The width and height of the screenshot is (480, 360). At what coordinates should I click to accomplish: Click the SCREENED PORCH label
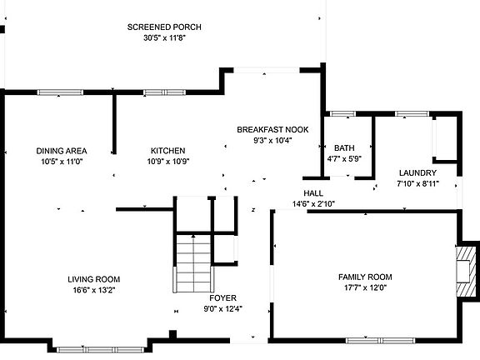164,27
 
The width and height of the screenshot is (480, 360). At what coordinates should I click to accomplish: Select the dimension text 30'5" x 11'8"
165,38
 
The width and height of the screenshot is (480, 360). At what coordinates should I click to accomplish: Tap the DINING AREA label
62,151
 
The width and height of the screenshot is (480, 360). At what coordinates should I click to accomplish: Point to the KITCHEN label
168,151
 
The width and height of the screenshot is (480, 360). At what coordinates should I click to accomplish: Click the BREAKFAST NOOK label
272,129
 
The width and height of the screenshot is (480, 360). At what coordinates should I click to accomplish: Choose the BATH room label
344,148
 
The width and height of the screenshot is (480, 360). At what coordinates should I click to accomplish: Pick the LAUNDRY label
417,173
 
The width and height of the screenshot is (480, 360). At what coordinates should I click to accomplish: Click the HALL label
313,193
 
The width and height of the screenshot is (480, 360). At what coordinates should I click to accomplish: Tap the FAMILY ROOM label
365,277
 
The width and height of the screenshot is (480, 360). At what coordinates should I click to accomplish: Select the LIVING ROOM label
94,279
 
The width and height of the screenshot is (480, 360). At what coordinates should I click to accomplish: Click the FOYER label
222,297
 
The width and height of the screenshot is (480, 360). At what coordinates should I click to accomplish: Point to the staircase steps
193,263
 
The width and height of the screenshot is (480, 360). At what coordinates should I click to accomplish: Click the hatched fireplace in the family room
466,271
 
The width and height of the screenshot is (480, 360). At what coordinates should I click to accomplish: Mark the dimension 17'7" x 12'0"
366,287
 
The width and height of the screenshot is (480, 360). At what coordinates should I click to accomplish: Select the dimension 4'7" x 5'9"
344,159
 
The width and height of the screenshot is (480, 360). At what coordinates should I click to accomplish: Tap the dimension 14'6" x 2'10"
313,204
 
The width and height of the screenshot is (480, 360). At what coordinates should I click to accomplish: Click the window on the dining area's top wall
60,92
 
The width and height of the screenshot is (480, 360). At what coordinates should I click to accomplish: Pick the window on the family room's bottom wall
380,340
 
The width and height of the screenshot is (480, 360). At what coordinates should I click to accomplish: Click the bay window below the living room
100,350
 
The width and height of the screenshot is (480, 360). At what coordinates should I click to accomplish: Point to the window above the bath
342,114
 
